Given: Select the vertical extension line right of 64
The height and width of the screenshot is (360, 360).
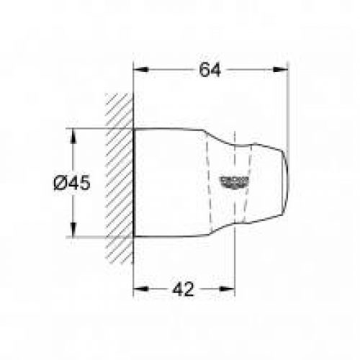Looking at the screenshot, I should click(287, 108).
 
